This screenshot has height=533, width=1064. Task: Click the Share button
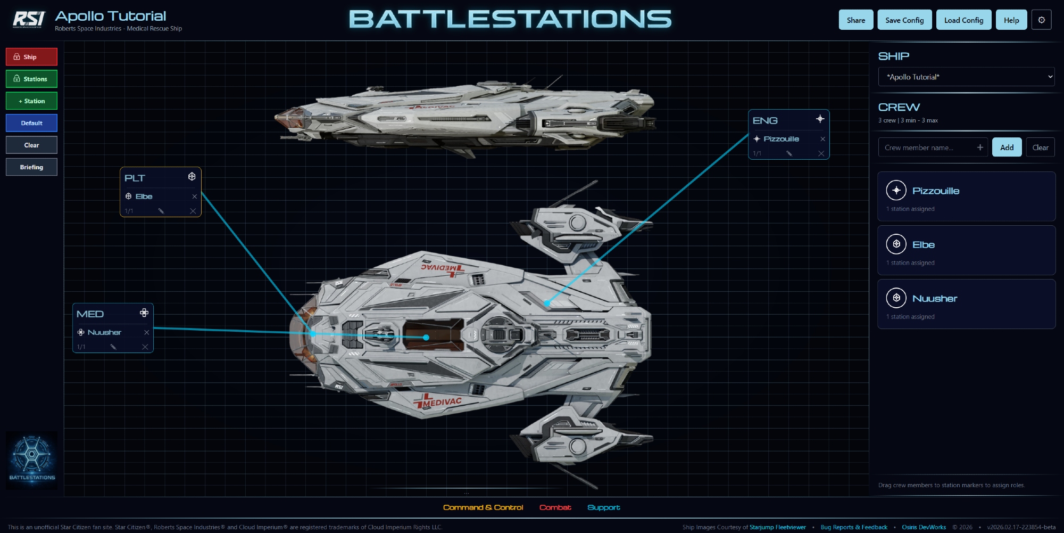click(x=855, y=20)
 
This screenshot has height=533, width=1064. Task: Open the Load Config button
click(x=963, y=20)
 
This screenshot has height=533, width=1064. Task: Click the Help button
click(x=1011, y=20)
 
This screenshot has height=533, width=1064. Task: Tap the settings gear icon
click(x=1041, y=20)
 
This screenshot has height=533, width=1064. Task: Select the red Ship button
click(x=31, y=57)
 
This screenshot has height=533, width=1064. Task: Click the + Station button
click(x=31, y=101)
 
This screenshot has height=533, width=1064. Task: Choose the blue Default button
click(x=31, y=123)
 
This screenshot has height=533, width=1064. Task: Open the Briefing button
click(x=31, y=167)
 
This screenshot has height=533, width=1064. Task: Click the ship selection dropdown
click(x=966, y=77)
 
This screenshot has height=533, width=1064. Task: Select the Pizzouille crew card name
click(x=936, y=191)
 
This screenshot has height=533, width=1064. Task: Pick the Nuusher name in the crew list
click(x=934, y=298)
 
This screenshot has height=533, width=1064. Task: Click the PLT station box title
click(x=135, y=178)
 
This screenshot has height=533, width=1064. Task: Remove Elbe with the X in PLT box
click(x=195, y=196)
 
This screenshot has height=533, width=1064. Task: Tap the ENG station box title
click(x=765, y=121)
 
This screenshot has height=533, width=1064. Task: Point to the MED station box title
click(x=90, y=314)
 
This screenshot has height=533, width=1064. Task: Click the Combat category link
click(x=555, y=507)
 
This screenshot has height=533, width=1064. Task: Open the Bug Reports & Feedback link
click(x=853, y=527)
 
